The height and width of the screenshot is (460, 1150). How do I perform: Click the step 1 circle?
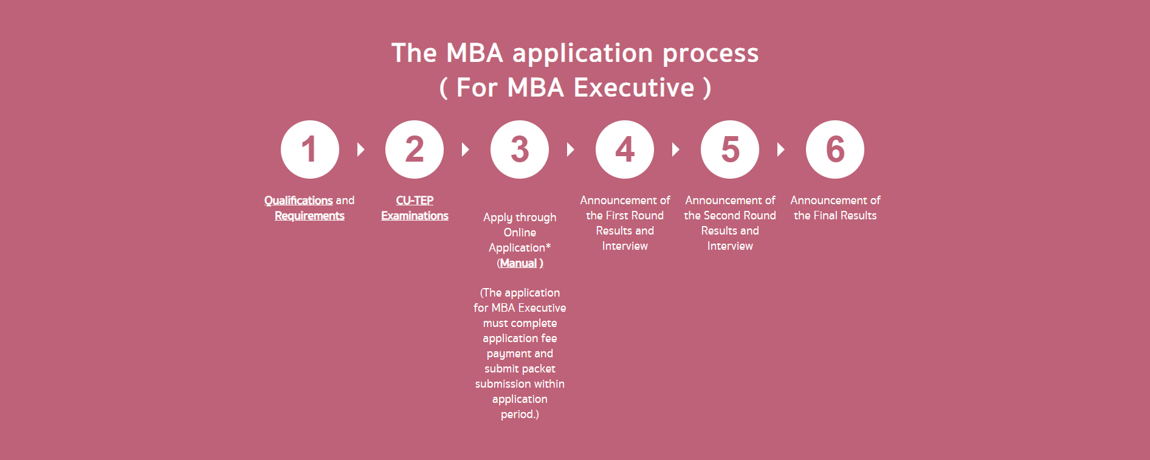click(310, 149)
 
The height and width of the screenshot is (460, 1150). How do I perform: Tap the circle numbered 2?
click(415, 149)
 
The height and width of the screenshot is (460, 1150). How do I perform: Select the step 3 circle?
click(520, 149)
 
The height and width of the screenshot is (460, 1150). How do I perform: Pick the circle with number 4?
click(625, 149)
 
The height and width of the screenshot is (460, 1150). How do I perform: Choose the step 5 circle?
click(730, 149)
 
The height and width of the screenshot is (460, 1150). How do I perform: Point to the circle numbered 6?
click(835, 149)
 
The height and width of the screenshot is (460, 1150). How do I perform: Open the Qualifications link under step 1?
click(298, 201)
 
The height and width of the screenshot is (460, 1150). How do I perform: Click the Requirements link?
click(309, 216)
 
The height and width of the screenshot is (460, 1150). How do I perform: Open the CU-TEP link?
click(415, 201)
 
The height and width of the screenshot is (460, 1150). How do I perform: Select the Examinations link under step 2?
click(415, 216)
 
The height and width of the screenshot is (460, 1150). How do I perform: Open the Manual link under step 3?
click(518, 263)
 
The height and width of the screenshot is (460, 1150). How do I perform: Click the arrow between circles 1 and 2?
click(361, 149)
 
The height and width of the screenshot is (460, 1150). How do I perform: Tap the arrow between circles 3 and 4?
click(571, 149)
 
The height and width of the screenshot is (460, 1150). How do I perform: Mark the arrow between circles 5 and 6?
click(781, 149)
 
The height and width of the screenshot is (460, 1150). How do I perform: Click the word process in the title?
click(711, 54)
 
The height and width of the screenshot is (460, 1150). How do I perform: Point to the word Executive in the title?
click(634, 88)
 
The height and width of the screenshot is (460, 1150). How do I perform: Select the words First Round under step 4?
click(635, 216)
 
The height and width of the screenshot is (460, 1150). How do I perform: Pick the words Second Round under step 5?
click(740, 216)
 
